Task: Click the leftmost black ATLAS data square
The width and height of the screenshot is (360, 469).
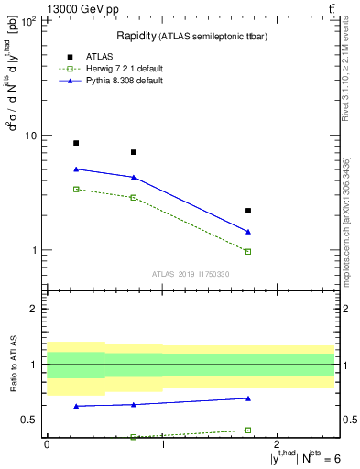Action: point(76,143)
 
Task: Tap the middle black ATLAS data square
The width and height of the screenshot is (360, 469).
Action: point(134,152)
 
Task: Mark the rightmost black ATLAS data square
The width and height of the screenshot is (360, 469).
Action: point(248,211)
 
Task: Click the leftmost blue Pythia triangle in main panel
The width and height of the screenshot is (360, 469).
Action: point(76,169)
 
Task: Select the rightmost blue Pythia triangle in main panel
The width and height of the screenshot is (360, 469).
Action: point(248,232)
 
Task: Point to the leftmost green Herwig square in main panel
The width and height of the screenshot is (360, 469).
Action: point(76,189)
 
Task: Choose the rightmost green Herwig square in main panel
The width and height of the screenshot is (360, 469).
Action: point(248,251)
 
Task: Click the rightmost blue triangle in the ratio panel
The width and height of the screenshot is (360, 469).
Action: point(248,398)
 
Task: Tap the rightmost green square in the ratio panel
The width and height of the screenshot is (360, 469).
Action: point(248,430)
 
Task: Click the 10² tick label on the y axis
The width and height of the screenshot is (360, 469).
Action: point(27,20)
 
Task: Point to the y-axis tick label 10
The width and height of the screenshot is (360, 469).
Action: point(29,136)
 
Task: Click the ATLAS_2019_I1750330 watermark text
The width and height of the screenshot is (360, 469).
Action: point(191,274)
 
